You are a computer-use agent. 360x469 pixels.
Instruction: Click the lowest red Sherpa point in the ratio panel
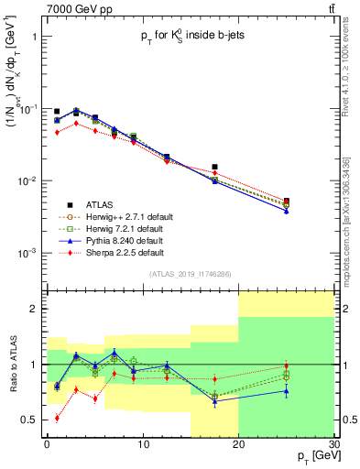[57, 418]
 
